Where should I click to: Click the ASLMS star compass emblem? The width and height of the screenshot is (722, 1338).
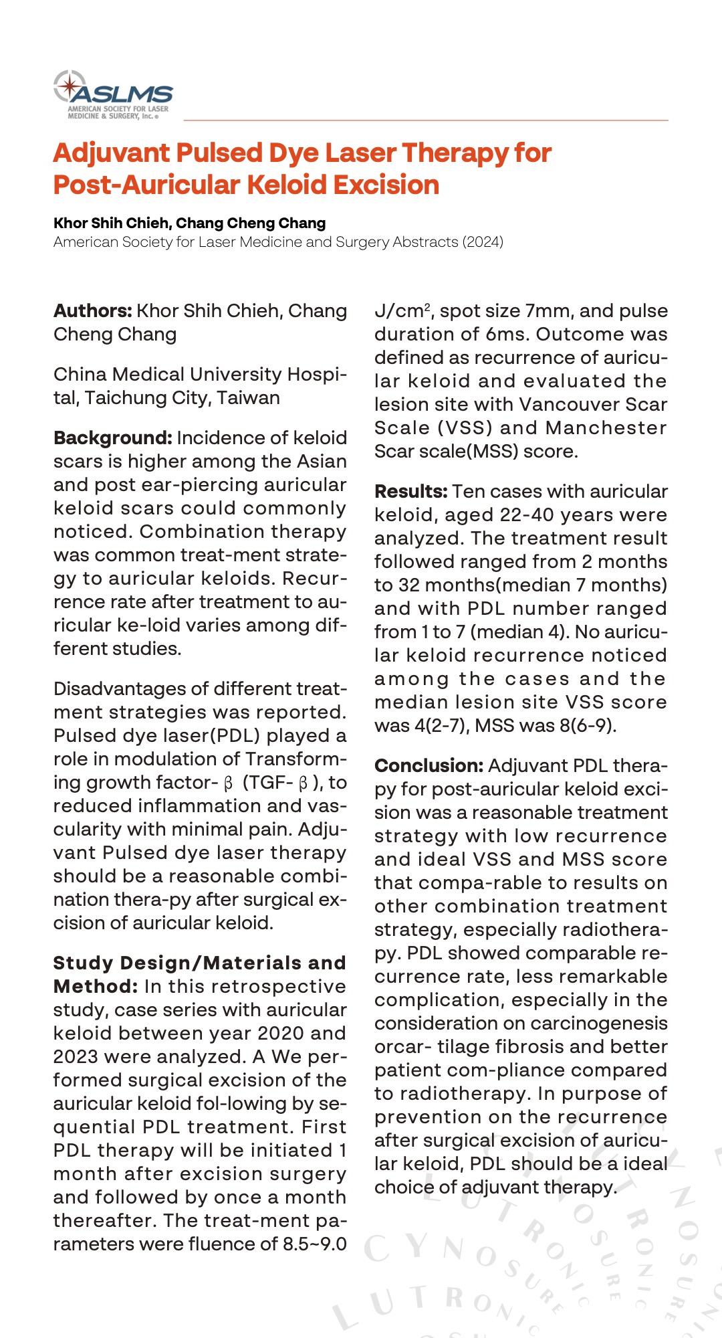70,87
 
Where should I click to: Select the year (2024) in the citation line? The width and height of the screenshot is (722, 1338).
483,242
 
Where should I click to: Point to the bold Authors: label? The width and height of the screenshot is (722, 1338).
93,311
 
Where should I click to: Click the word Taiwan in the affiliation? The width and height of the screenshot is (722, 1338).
248,398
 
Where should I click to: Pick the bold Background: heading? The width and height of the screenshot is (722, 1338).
113,438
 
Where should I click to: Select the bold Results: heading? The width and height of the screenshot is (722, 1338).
410,492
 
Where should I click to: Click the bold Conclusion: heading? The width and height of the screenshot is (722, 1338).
429,766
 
